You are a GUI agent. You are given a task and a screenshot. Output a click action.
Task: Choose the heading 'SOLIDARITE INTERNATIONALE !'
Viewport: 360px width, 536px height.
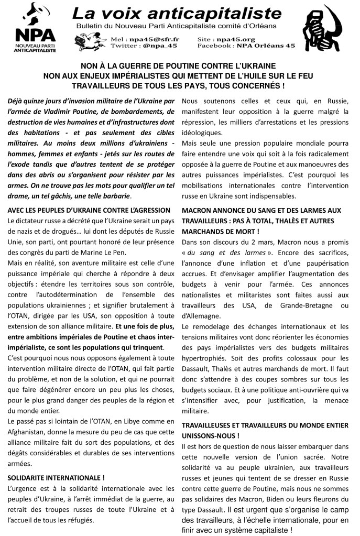(56, 477)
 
